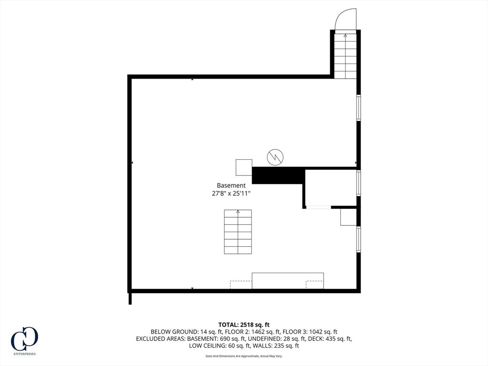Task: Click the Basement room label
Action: coord(231,185)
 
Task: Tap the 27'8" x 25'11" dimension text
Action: coord(231,193)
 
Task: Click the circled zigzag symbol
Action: coord(275,157)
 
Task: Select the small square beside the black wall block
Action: coord(244,167)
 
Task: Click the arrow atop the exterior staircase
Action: coord(345,35)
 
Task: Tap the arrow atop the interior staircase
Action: coord(238,212)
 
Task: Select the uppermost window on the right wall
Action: coord(358,107)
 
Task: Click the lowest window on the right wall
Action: coord(358,239)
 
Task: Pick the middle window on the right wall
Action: coord(358,183)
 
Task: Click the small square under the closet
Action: coord(348,217)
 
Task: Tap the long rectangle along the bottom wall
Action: coord(287,281)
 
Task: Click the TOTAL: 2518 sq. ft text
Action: coord(244,325)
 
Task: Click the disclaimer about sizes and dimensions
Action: coord(244,356)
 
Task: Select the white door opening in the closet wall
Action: coord(318,207)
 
